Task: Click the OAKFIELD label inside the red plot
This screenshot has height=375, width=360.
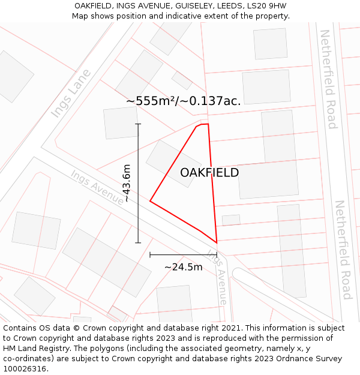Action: click(x=209, y=173)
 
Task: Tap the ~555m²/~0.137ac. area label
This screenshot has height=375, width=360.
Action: click(x=184, y=101)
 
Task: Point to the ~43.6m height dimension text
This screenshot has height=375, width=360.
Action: click(x=127, y=183)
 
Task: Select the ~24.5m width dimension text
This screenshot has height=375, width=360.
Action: click(x=184, y=267)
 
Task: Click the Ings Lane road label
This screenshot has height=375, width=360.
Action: click(x=71, y=93)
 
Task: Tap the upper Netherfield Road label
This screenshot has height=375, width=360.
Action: click(x=328, y=79)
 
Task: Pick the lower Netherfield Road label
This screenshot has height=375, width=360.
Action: click(x=343, y=250)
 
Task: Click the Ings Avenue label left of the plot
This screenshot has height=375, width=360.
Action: click(x=97, y=188)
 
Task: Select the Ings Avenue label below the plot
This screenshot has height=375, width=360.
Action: click(x=217, y=277)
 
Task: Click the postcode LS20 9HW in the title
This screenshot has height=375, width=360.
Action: click(x=266, y=5)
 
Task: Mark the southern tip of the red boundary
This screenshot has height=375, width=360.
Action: click(x=216, y=242)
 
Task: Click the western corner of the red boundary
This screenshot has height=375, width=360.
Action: click(x=150, y=201)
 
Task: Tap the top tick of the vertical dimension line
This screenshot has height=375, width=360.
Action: click(x=138, y=124)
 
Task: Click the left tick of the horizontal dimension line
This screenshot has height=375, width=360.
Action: click(x=150, y=255)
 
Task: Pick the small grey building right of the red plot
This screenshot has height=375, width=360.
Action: click(x=231, y=220)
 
